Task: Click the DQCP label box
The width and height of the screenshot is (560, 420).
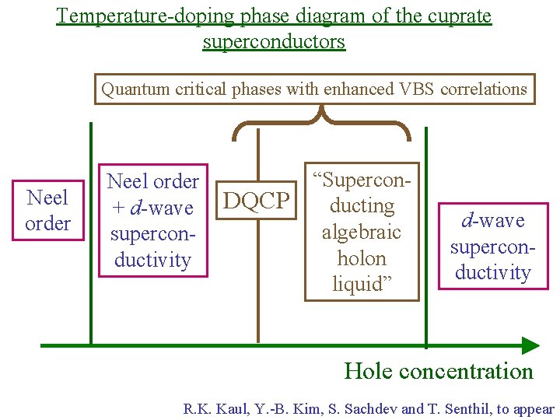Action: (257, 202)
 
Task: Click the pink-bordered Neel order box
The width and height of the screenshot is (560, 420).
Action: (48, 211)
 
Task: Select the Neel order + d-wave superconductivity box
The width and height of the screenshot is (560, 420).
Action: (153, 220)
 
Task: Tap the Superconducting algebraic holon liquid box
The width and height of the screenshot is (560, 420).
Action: (362, 232)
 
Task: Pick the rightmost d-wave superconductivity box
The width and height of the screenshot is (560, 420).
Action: (492, 247)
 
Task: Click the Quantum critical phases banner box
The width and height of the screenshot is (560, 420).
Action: (314, 89)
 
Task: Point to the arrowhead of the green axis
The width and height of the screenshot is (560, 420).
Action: (530, 345)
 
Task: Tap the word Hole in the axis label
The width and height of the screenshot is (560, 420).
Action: (368, 371)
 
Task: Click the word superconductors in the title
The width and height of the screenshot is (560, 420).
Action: (274, 41)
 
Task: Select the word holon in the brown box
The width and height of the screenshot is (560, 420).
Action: (362, 257)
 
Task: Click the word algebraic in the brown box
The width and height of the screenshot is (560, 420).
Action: (362, 232)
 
